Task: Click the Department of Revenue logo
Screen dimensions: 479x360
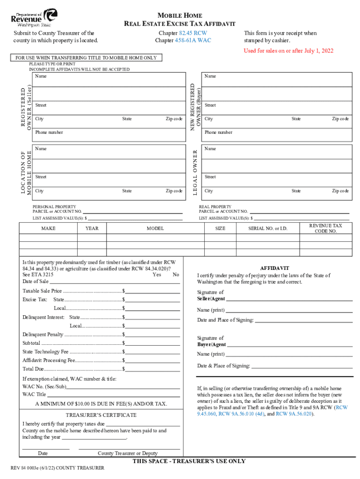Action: point(34,17)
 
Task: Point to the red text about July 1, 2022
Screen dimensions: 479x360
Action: point(288,51)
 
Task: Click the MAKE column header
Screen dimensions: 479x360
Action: point(48,228)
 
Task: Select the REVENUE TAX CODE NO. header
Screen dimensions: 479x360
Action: point(325,228)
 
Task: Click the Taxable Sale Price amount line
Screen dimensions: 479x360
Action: point(153,291)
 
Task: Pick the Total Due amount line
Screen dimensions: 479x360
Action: point(153,369)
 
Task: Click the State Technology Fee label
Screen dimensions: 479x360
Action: point(45,352)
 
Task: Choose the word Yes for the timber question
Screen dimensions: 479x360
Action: point(157,275)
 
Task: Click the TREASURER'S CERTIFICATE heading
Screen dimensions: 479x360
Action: point(101,415)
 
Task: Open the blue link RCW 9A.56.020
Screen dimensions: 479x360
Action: point(292,414)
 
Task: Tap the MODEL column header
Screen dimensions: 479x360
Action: point(155,228)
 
